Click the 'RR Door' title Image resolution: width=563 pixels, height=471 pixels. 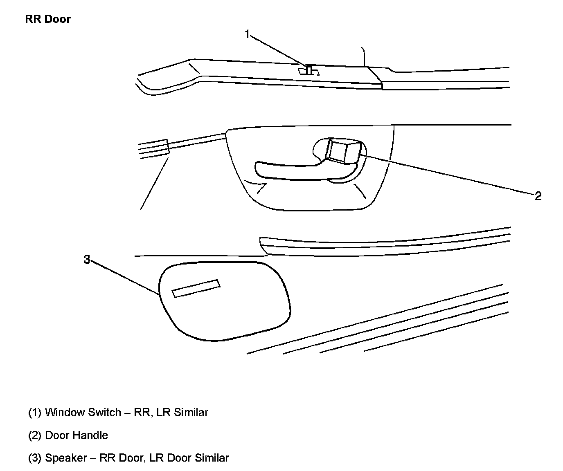48,19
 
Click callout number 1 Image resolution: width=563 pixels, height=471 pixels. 247,34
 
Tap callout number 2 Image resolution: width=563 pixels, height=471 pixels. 538,196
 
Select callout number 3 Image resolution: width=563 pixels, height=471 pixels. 87,259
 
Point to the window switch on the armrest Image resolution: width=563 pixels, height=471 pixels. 309,70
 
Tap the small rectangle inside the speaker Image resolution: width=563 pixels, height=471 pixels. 196,289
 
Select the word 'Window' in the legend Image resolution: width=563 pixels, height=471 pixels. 62,412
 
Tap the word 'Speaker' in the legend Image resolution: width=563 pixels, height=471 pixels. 66,458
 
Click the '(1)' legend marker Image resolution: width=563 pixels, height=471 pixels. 35,412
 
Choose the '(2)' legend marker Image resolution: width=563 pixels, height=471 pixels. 35,435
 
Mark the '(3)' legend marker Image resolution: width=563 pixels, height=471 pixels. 35,458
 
